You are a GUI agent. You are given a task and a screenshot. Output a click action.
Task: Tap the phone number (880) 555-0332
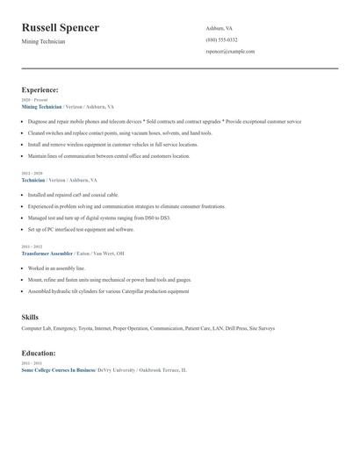[x=221, y=39]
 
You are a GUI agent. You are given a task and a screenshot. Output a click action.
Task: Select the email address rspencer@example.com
[x=230, y=51]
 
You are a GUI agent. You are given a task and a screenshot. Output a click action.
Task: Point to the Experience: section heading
[x=40, y=89]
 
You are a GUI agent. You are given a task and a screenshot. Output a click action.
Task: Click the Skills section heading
[x=30, y=317]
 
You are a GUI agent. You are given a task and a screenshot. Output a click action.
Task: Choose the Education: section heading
[x=39, y=353]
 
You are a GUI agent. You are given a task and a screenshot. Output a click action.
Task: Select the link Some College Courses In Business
[x=57, y=370]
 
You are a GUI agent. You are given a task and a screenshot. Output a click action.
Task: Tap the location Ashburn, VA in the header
[x=220, y=28]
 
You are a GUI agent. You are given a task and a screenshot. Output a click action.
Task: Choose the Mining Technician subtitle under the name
[x=43, y=42]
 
